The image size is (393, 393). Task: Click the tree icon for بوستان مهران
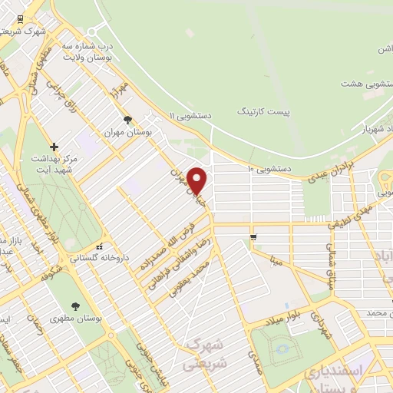(127, 120)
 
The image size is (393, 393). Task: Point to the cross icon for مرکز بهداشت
(54, 147)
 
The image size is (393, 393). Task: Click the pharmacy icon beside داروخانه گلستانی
(99, 246)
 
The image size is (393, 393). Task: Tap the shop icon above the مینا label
(252, 236)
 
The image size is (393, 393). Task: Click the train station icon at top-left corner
(12, 18)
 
